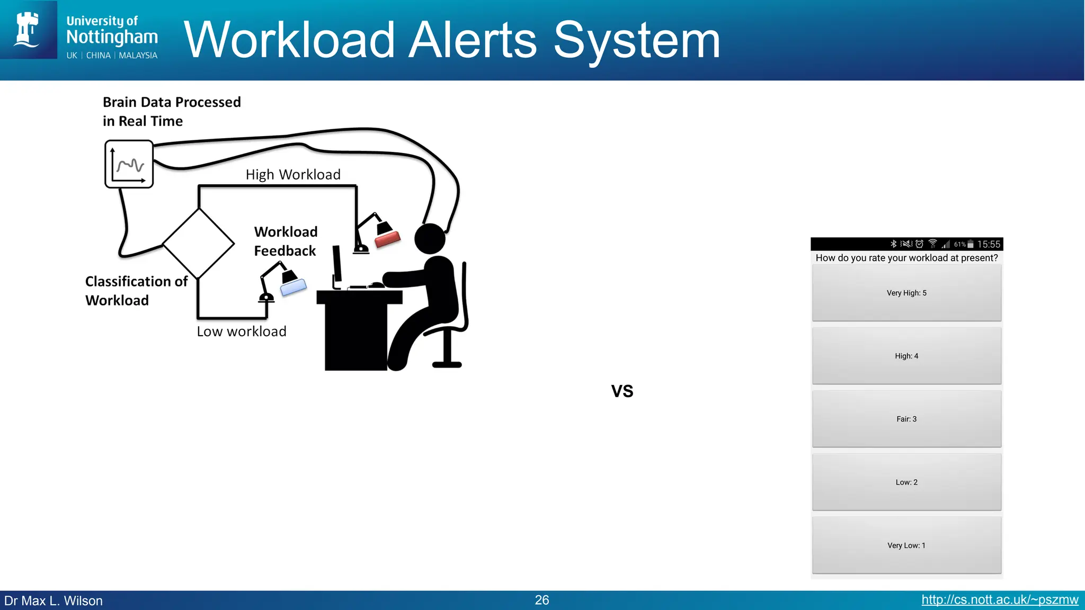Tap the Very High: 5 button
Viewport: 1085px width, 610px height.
[906, 293]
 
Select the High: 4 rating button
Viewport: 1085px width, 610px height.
[906, 356]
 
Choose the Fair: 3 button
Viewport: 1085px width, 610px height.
[906, 419]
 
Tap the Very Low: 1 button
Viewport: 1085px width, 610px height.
[906, 545]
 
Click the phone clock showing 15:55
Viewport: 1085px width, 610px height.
[989, 244]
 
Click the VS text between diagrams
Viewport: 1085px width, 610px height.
[622, 391]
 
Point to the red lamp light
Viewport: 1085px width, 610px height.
[387, 239]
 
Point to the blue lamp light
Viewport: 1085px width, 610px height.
[293, 286]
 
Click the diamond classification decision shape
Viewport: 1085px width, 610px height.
[199, 244]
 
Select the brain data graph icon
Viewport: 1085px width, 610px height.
[129, 164]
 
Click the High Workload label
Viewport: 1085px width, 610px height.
[293, 175]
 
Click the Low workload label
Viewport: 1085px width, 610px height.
[242, 331]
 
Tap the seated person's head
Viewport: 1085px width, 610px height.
[430, 239]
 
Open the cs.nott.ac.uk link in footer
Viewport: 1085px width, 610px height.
[999, 600]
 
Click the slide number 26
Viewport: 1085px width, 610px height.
[542, 600]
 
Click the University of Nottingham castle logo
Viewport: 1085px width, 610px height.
[28, 30]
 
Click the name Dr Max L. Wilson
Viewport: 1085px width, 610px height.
[54, 601]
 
